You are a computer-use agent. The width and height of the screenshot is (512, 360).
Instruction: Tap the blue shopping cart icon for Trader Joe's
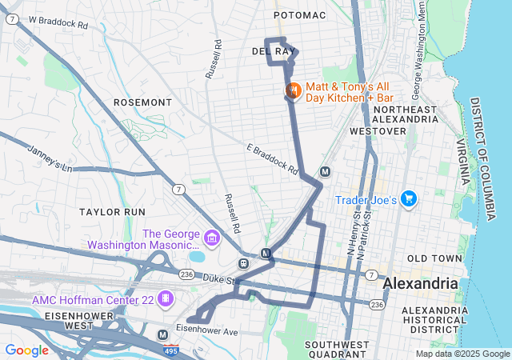(x=409, y=198)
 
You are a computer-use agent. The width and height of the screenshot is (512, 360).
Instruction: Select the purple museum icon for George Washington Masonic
(x=212, y=238)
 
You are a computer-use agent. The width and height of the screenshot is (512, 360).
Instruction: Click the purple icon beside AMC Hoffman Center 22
(x=165, y=298)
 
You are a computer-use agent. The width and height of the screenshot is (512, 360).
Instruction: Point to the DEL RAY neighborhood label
(x=274, y=51)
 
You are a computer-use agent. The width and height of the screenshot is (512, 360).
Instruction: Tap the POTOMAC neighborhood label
(x=299, y=15)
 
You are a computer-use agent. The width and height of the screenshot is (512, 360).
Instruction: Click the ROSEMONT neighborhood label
(x=142, y=102)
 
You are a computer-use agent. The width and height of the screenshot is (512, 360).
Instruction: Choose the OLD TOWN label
(x=434, y=258)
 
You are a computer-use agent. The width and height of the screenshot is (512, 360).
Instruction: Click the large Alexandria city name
(x=421, y=284)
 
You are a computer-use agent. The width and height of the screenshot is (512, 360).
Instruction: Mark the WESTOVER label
(x=373, y=130)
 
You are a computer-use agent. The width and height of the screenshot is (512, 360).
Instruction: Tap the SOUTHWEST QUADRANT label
(x=337, y=349)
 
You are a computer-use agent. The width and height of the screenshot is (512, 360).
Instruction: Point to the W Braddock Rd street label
(x=58, y=23)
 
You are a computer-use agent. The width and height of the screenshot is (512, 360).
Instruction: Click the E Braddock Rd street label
(x=272, y=160)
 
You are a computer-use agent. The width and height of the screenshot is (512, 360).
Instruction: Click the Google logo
(x=26, y=350)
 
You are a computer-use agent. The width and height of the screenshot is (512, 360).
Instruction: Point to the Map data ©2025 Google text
(x=462, y=354)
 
